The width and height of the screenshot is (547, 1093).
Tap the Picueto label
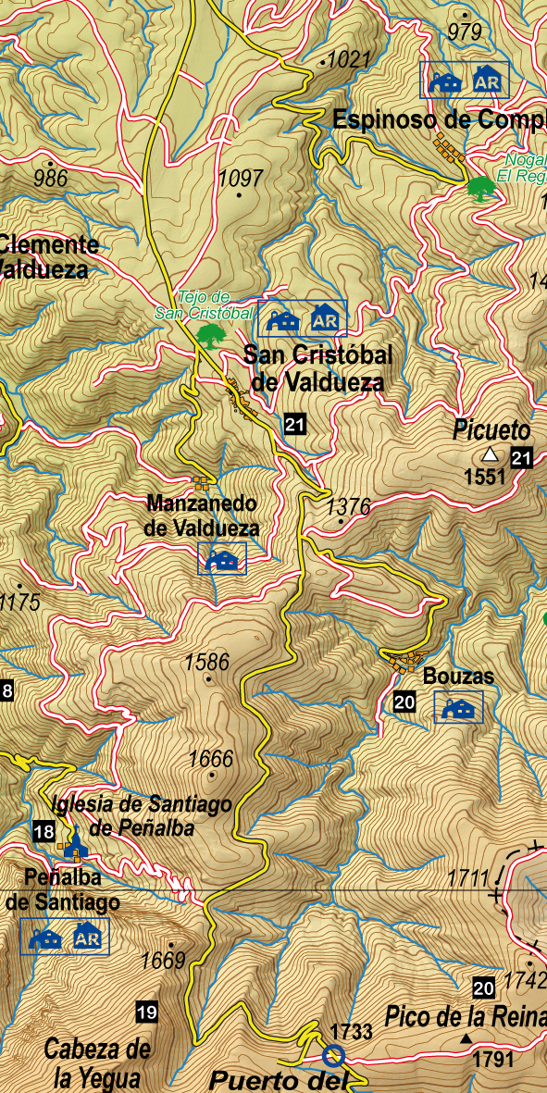point(492,430)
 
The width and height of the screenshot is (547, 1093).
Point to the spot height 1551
point(485,477)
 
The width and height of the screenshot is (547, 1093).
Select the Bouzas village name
point(458,677)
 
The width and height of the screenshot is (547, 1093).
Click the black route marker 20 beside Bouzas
point(404,702)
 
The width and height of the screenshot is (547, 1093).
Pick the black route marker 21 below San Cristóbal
point(295,425)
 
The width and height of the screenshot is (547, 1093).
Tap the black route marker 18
point(43,831)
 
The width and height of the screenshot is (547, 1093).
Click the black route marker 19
point(145,1012)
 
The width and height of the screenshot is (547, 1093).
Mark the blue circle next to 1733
point(333,1055)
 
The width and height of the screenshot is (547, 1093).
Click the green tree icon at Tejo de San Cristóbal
point(211,334)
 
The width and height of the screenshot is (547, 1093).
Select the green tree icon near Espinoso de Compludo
point(479,188)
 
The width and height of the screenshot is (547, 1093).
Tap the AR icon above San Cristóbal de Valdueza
point(324,319)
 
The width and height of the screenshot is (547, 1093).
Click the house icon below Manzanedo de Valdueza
point(222,559)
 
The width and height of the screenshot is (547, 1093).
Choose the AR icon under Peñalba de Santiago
point(87,937)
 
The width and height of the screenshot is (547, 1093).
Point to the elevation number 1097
point(241,178)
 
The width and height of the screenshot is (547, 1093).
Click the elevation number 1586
point(206,662)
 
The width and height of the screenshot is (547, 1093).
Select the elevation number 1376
point(349,506)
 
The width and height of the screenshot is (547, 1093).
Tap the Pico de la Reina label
point(466,1016)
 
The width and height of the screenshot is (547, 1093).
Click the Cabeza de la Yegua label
point(97,1062)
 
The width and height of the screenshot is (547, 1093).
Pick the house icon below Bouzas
point(459,708)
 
